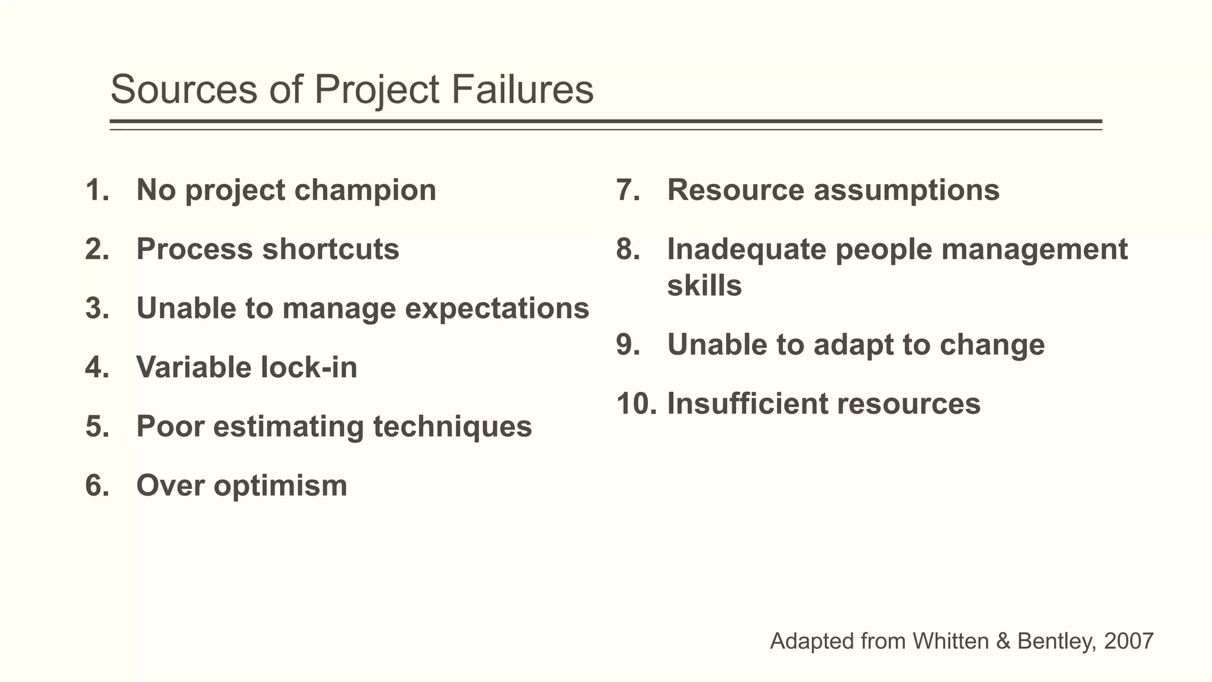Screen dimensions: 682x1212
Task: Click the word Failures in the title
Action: tap(522, 90)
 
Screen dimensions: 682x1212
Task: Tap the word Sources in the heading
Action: tap(183, 90)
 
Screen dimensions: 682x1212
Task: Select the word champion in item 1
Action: tap(365, 191)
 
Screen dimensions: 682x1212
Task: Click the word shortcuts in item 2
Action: tap(331, 249)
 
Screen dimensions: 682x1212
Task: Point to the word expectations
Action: tap(497, 308)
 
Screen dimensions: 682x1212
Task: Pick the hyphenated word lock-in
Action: tap(310, 367)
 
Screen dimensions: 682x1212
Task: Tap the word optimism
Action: tap(281, 485)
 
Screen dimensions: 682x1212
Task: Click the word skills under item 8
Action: tap(704, 286)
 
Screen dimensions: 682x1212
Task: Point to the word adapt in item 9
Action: tap(853, 345)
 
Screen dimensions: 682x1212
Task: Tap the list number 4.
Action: tap(96, 367)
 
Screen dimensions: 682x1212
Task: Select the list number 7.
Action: tap(627, 191)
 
